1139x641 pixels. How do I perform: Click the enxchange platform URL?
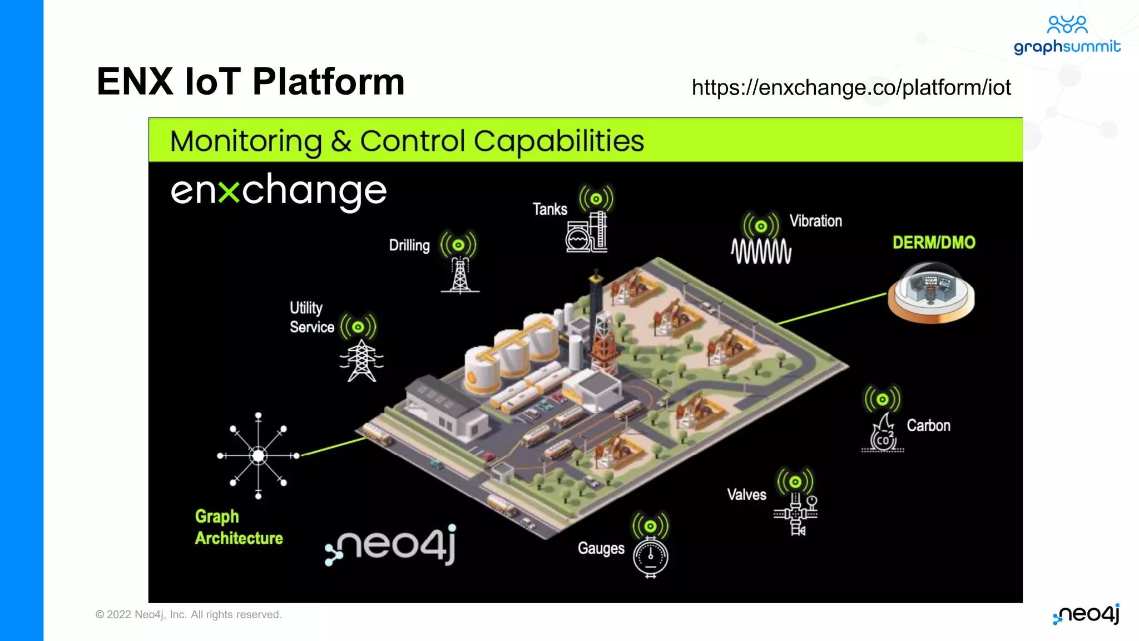tap(851, 87)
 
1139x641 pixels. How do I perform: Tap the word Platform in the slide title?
tap(328, 82)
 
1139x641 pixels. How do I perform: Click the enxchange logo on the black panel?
tap(279, 191)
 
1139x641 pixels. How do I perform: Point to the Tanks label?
tap(549, 209)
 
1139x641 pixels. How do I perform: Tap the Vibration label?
tap(815, 221)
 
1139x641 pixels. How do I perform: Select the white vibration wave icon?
tap(761, 252)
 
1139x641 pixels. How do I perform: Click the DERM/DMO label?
tap(934, 243)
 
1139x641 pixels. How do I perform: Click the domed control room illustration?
tap(931, 293)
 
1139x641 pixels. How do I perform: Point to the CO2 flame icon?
tap(883, 434)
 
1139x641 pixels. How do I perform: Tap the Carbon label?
tap(928, 426)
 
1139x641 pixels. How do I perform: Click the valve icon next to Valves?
tap(796, 513)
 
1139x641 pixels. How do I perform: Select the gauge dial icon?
tap(650, 556)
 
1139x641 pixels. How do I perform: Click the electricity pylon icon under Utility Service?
tap(361, 361)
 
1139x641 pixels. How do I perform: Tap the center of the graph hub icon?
tap(258, 456)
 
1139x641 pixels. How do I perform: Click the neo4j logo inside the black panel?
tap(392, 545)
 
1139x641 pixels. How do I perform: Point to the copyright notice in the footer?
tap(189, 614)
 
